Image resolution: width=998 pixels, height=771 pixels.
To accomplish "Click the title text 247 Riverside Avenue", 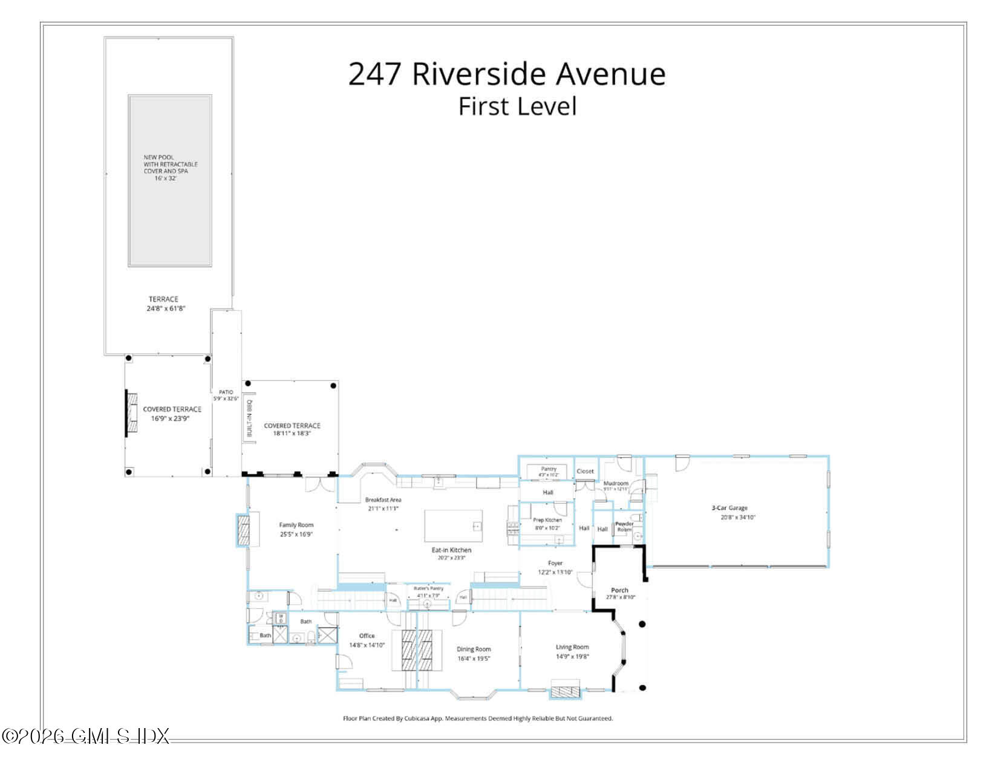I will [x=507, y=74].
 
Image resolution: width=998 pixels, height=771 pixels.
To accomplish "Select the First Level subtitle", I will [x=517, y=106].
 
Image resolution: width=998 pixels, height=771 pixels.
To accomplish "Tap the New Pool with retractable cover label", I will [x=170, y=168].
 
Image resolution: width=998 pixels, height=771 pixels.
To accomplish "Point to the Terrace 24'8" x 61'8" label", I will [x=163, y=304].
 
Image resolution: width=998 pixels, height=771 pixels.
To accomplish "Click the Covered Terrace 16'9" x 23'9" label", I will [x=172, y=414].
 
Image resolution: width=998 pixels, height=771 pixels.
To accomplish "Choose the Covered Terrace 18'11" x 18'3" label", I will [x=292, y=429].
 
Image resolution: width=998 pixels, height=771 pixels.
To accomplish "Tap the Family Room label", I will [x=296, y=529].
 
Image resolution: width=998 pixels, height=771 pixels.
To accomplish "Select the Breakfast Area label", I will [x=383, y=504].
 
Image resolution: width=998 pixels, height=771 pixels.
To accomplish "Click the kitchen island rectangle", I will [x=454, y=525].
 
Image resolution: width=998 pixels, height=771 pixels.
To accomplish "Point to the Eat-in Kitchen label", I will [x=451, y=553].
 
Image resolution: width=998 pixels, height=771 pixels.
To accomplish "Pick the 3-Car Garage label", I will [x=729, y=512].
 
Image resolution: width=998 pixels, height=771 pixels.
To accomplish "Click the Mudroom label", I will [x=616, y=486].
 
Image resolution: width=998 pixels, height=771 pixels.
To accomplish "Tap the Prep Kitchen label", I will [x=547, y=524].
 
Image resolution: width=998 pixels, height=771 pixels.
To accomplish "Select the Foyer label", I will [x=555, y=567].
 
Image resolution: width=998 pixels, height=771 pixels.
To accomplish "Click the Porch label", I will [x=619, y=593].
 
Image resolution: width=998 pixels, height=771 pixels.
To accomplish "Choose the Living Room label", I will [x=572, y=651].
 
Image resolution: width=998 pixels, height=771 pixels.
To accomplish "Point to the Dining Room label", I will [x=474, y=653].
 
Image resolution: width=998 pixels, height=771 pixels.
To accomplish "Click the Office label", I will [x=367, y=640].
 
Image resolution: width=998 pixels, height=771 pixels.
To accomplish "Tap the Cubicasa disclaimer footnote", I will [x=478, y=718].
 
